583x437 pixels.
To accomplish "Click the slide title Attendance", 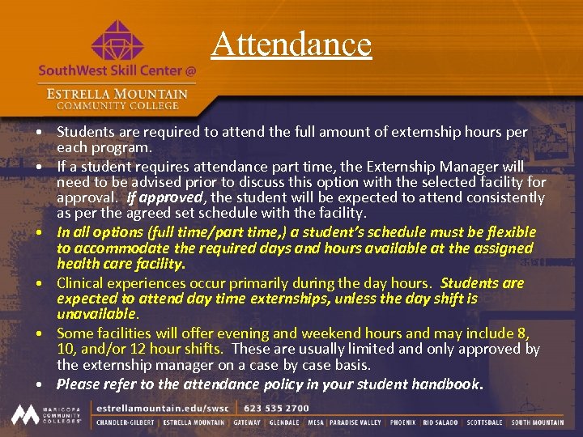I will (291, 44).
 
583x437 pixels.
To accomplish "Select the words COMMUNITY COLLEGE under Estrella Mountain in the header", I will (118, 106).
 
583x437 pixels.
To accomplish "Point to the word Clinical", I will (83, 283).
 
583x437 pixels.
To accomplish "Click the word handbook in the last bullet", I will (445, 384).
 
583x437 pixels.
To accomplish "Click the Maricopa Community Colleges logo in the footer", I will (46, 414).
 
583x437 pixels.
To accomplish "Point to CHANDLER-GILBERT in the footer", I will (126, 422).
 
